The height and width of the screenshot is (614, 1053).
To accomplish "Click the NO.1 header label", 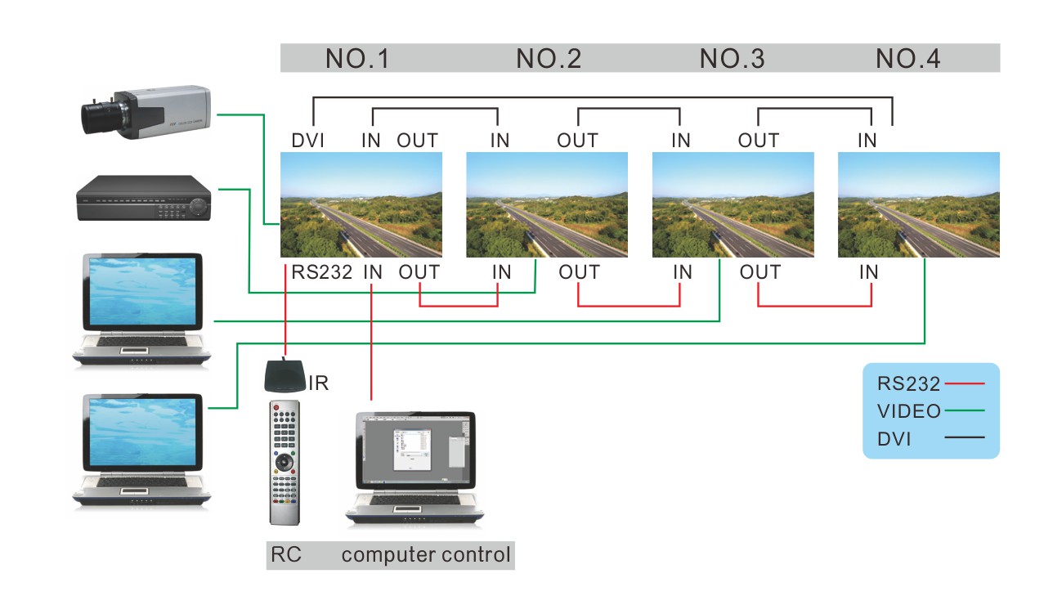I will [x=357, y=59].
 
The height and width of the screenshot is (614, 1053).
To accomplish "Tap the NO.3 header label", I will [x=732, y=59].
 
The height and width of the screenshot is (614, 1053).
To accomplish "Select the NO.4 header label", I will [x=907, y=59].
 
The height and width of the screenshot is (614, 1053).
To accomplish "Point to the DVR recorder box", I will [x=144, y=199].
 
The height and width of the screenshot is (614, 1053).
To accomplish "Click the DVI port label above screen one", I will [x=308, y=141].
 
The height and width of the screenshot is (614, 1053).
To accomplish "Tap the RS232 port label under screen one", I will [x=321, y=272].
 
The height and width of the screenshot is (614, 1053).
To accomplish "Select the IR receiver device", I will [x=285, y=375].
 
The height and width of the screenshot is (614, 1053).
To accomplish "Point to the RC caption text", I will [x=285, y=556].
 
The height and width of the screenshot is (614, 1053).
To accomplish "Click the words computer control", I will [x=426, y=556].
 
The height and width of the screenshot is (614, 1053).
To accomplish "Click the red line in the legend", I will [x=965, y=383].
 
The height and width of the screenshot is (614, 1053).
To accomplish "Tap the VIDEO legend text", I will [x=908, y=410].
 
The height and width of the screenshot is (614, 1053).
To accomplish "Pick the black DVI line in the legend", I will [x=965, y=438].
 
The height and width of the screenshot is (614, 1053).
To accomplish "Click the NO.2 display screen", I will [x=547, y=204].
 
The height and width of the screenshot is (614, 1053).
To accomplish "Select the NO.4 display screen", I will [x=919, y=204].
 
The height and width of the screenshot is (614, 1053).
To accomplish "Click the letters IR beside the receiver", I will [x=319, y=383].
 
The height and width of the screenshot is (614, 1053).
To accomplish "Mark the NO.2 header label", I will [x=549, y=59].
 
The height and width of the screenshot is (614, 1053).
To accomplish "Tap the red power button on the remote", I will [x=276, y=406].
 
